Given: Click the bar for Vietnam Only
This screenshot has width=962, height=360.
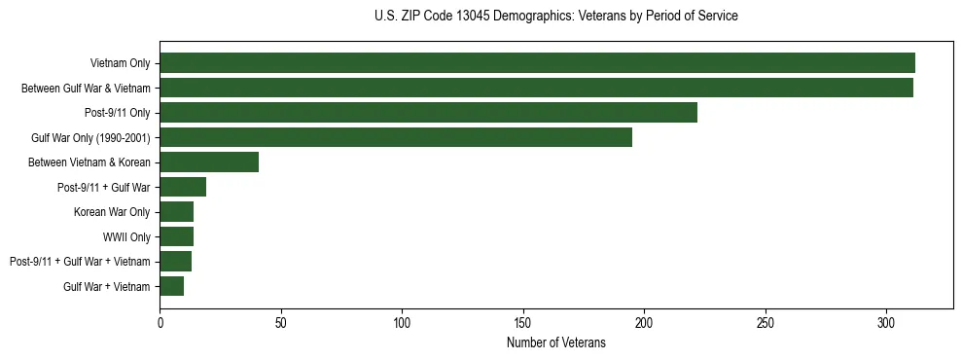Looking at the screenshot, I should point(537,63).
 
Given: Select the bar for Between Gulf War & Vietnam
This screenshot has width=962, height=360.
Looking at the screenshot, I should point(536,89).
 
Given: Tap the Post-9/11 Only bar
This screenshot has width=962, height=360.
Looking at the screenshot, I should point(428,113).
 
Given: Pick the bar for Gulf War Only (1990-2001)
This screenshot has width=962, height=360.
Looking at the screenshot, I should point(396,137).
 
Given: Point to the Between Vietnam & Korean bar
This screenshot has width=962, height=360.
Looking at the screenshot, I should point(209,162).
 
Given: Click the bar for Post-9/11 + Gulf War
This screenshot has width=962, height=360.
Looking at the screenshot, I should point(183,187).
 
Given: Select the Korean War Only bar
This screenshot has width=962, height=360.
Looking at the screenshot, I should point(176,212).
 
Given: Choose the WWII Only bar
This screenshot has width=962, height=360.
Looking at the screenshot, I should point(176,236).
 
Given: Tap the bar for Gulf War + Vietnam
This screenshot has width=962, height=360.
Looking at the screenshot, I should point(171,286).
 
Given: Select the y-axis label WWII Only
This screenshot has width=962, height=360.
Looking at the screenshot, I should point(126,237).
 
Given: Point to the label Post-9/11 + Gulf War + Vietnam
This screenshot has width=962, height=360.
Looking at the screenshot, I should point(80,262).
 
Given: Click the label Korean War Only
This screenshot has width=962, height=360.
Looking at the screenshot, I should point(112,212).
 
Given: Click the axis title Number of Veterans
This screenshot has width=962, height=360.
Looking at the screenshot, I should point(555,342).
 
